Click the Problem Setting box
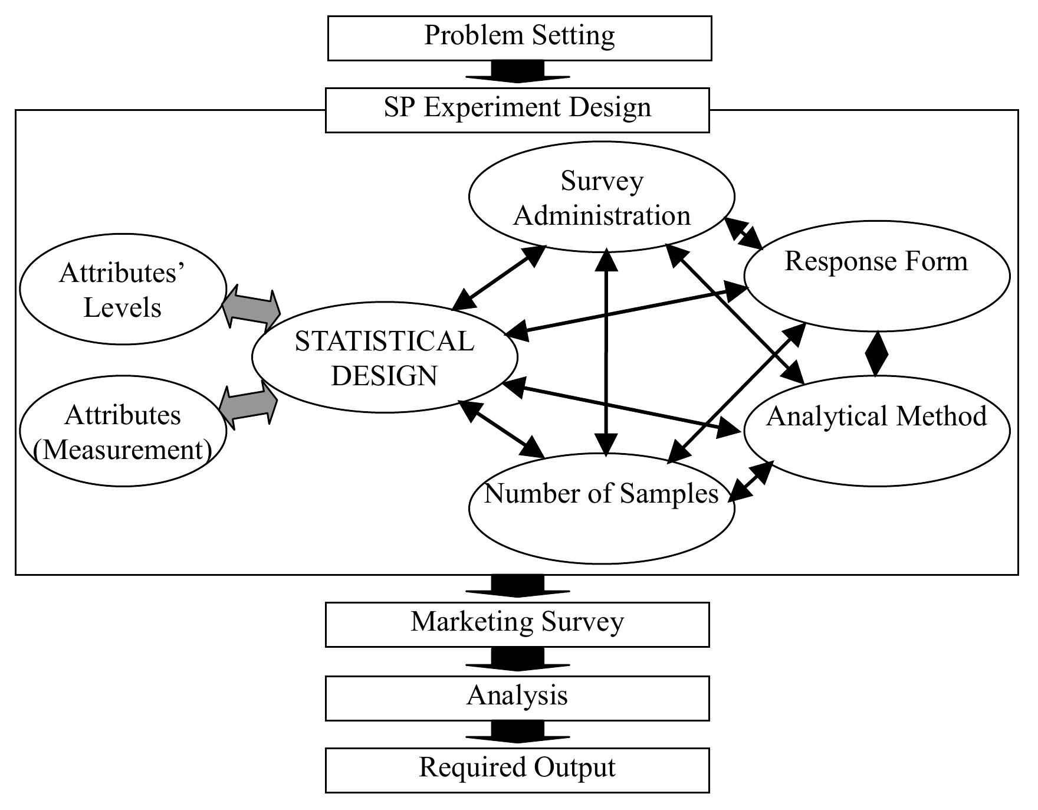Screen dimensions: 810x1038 pos(519,38)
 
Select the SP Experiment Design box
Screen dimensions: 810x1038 pos(517,110)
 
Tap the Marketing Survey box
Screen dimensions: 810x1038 pos(517,624)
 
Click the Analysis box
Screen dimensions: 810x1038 pos(517,698)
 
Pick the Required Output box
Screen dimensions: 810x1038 pos(517,770)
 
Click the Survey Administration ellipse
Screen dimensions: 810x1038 pos(602,197)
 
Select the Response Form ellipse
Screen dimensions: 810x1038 pos(876,275)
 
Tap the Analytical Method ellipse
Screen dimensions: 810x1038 pos(876,431)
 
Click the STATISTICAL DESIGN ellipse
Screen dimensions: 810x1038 pos(385,358)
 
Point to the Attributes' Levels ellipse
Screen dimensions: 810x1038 pos(123,289)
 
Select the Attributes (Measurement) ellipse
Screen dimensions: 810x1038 pos(123,431)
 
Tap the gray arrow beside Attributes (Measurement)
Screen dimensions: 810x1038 pos(248,406)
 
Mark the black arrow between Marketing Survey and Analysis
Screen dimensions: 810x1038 pos(517,659)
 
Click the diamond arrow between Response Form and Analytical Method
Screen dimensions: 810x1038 pos(876,354)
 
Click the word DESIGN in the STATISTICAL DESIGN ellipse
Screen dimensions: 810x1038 pos(385,376)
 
